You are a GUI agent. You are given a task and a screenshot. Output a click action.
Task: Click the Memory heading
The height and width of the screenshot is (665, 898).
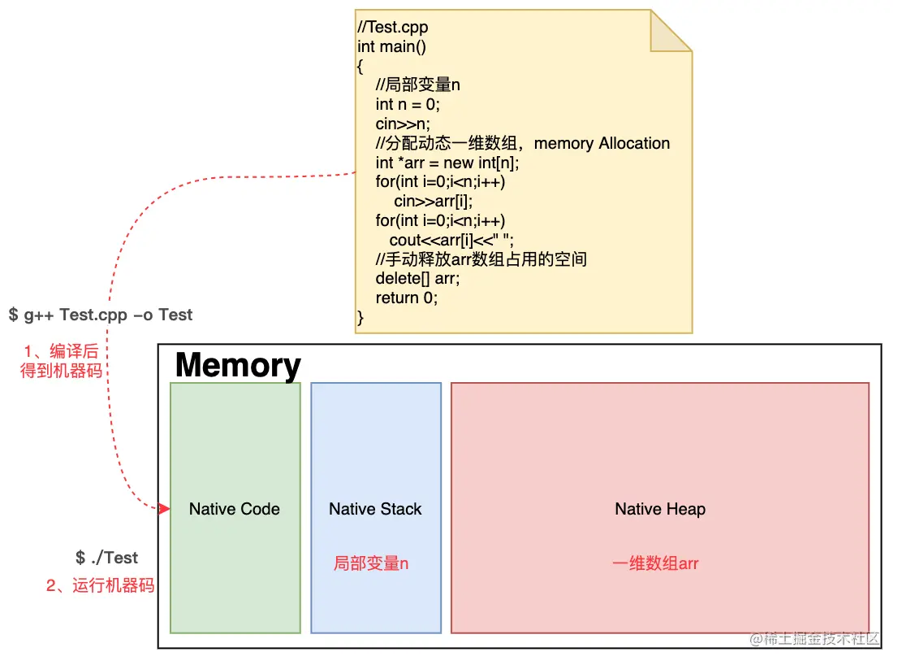tap(238, 365)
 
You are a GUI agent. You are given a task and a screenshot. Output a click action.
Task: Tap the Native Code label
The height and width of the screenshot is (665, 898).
tap(234, 509)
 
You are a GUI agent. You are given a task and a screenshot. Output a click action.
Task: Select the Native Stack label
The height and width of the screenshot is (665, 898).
tap(375, 509)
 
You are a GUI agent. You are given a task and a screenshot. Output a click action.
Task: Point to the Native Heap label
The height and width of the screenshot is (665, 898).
tap(660, 509)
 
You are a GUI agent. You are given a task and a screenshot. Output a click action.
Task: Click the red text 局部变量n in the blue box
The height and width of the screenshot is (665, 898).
tap(371, 563)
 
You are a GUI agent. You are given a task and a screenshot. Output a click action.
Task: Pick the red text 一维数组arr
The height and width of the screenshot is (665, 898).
tap(655, 563)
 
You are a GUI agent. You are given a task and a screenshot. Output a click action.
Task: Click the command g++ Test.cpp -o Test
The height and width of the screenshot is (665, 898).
tap(101, 315)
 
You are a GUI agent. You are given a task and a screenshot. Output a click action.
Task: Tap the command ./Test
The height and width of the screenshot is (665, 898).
tap(106, 558)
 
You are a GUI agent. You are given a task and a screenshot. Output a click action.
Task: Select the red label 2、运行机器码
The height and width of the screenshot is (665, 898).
tap(100, 585)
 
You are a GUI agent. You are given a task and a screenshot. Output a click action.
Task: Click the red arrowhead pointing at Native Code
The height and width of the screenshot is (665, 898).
tap(165, 509)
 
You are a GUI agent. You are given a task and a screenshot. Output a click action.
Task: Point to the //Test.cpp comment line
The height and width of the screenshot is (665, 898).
tap(393, 28)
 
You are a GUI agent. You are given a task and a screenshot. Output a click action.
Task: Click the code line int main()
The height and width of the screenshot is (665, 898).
tap(391, 46)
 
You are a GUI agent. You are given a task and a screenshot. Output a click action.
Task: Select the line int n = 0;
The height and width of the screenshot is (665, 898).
tap(408, 104)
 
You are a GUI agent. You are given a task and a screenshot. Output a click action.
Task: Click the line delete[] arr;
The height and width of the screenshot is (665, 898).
tap(417, 278)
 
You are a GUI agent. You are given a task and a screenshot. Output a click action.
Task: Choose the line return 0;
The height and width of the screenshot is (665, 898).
tap(406, 298)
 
